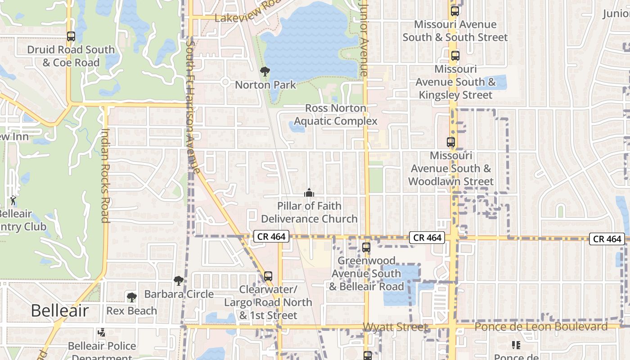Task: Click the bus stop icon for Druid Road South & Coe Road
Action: coord(71,36)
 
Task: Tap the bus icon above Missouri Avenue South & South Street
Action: coord(455,11)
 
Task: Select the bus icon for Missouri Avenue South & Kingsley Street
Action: coord(455,56)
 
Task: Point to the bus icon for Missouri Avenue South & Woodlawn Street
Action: coord(450,142)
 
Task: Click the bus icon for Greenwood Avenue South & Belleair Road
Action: coord(366,247)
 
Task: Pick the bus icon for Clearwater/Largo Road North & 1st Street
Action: coord(268,276)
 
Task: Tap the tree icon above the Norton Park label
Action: coord(265,71)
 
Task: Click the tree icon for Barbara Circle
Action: coord(179,281)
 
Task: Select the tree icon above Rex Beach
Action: coord(131,297)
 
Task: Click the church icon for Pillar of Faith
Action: coord(309,193)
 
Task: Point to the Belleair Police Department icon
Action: coord(102,333)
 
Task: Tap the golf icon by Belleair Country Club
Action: coord(13,200)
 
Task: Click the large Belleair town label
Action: coord(60,310)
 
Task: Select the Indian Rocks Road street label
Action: coord(105,175)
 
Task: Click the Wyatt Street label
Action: coord(395,327)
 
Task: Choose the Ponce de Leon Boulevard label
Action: coord(541,327)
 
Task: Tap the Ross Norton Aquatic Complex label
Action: coord(336,115)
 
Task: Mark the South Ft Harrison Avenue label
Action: coord(193,107)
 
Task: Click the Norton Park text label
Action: coord(265,85)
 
